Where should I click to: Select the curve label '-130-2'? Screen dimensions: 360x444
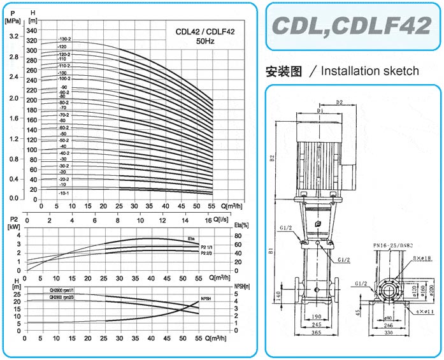pos(65,40)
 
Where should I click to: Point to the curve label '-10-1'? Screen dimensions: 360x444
pos(64,192)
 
